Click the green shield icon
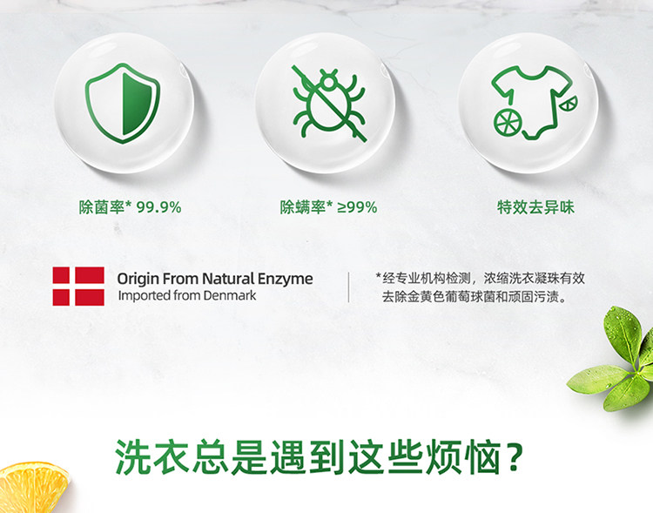(x=123, y=103)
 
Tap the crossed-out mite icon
(x=329, y=104)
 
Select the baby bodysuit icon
(x=532, y=101)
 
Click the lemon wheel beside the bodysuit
(x=508, y=123)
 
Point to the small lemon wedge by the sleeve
(x=569, y=104)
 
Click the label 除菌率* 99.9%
(x=131, y=206)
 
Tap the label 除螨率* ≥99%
(x=328, y=206)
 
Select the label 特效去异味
(x=535, y=206)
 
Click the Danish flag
(x=78, y=287)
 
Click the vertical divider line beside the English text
(x=348, y=287)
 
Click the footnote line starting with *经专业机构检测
(x=480, y=278)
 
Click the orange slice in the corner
(x=33, y=487)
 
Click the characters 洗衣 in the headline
(x=151, y=456)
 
